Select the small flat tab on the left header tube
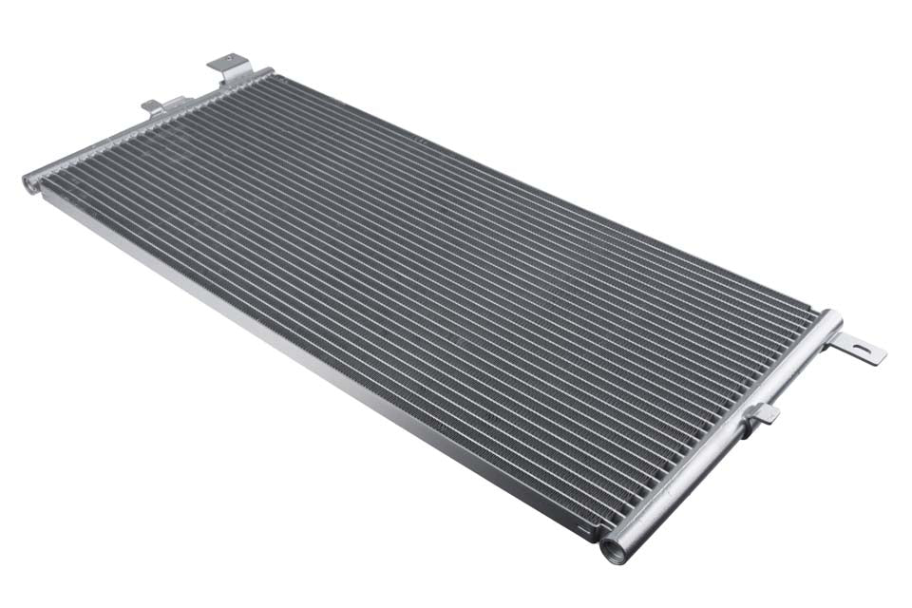pyautogui.click(x=153, y=106)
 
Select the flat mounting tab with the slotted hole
pyautogui.click(x=860, y=350)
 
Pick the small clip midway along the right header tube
pyautogui.click(x=761, y=415)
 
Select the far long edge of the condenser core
pyautogui.click(x=541, y=195)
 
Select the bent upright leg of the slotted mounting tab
pyautogui.click(x=836, y=340)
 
